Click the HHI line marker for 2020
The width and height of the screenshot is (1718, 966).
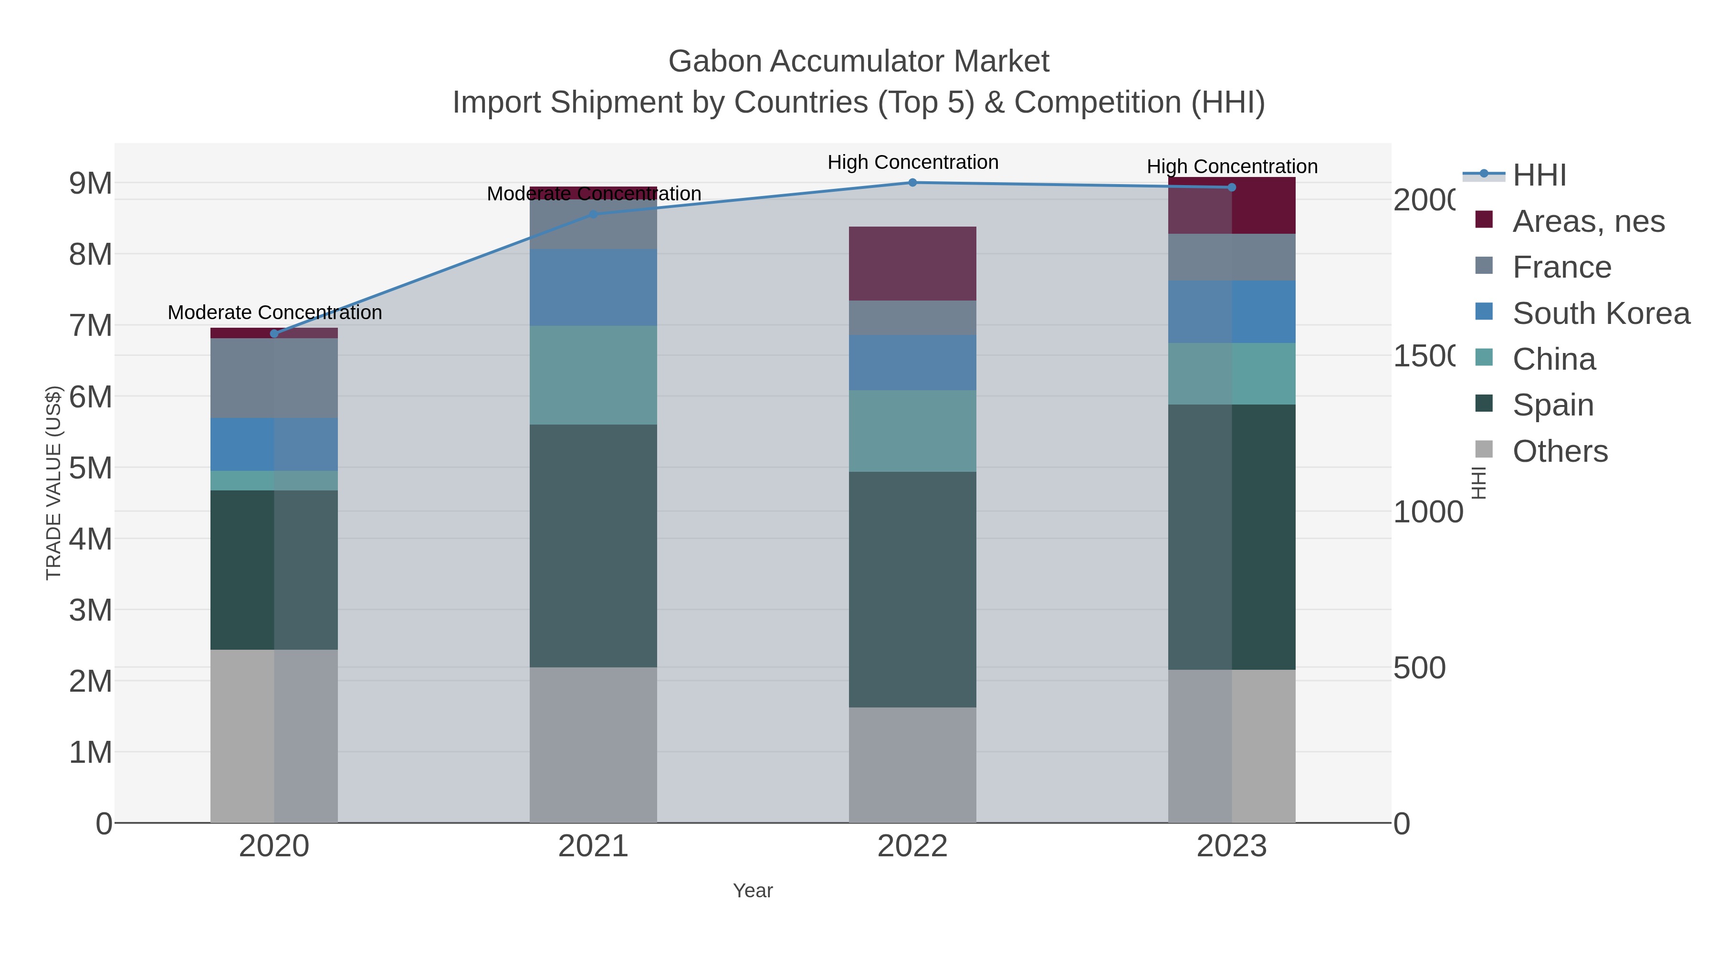point(274,333)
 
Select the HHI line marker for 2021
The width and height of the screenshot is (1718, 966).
point(593,215)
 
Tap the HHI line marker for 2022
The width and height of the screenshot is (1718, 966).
point(912,183)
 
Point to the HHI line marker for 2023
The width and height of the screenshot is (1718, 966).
point(1232,187)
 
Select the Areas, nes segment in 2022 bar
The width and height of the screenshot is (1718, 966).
point(912,263)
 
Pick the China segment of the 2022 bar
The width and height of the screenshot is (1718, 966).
point(912,431)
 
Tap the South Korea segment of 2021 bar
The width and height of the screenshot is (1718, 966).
point(593,287)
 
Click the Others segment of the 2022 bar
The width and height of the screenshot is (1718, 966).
point(912,765)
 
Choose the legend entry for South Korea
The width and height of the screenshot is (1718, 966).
point(1601,313)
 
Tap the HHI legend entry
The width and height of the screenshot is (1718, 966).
point(1539,176)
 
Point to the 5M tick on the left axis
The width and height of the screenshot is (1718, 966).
point(91,468)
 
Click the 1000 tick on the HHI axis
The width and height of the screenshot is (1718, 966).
point(1427,512)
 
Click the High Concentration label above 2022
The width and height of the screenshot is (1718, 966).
point(912,162)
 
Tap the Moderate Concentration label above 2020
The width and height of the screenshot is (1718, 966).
point(274,312)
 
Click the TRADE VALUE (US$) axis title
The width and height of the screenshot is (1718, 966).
point(53,483)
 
